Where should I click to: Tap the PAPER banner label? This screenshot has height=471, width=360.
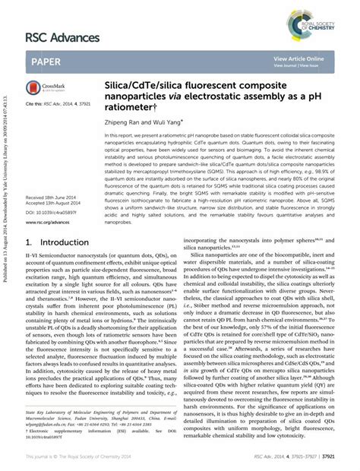47,62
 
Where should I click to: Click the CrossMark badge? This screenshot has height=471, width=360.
46,89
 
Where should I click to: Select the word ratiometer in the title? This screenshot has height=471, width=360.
131,107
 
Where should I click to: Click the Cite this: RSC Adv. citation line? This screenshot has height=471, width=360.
58,103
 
